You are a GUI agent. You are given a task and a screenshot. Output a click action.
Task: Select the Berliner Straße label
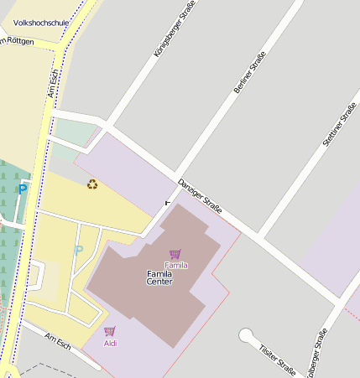click(x=249, y=72)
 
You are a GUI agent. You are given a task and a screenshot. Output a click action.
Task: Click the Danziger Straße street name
click(x=199, y=195)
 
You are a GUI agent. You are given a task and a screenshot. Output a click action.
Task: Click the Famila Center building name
click(x=159, y=277)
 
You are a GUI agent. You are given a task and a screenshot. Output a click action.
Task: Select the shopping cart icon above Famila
click(x=175, y=254)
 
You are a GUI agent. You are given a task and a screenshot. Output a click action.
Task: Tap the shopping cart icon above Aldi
click(x=110, y=331)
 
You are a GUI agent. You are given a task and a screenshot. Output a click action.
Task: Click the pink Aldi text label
click(x=110, y=343)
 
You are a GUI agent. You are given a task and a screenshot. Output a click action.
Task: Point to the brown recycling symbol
click(x=92, y=184)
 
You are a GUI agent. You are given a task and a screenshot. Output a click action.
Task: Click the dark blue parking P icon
click(x=23, y=189)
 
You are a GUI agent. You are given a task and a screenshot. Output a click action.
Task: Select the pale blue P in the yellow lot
click(x=79, y=250)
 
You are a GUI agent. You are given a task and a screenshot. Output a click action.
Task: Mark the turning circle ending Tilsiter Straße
click(x=246, y=336)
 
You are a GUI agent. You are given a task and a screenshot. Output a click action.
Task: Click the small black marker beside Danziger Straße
click(x=166, y=202)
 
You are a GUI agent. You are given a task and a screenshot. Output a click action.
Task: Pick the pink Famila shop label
click(x=175, y=265)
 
